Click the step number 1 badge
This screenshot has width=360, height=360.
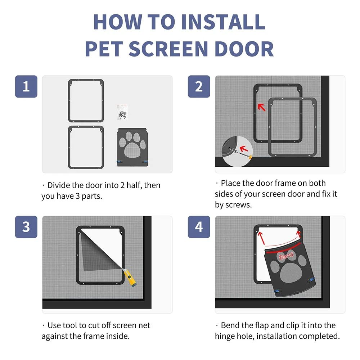pyautogui.click(x=26, y=86)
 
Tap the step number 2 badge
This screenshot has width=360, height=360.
pyautogui.click(x=199, y=86)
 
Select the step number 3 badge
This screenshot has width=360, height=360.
pyautogui.click(x=26, y=227)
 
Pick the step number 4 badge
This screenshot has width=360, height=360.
pyautogui.click(x=199, y=227)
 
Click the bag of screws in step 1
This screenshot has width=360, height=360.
pyautogui.click(x=122, y=112)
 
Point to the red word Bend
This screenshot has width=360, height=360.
pyautogui.click(x=287, y=256)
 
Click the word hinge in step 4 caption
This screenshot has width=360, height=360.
pyautogui.click(x=225, y=336)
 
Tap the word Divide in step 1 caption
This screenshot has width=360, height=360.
pyautogui.click(x=59, y=185)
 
